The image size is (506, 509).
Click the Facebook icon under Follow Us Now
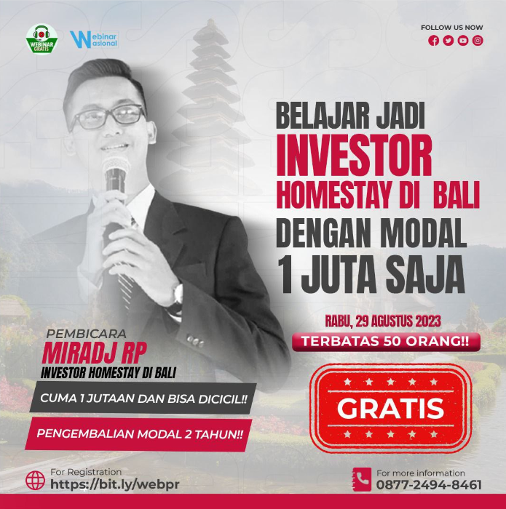[433, 41]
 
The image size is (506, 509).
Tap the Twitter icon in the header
[448, 41]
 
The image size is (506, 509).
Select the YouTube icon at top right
[463, 41]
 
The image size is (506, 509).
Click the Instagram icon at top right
[478, 41]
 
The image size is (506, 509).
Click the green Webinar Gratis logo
[41, 39]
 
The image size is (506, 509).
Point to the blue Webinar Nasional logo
[94, 39]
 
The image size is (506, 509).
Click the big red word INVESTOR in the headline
[355, 155]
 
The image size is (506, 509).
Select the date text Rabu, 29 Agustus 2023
[383, 321]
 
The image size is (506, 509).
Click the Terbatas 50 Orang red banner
[386, 342]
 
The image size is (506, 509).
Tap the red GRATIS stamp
[390, 408]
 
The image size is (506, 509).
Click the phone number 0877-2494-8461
[429, 485]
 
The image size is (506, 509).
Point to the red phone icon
[361, 479]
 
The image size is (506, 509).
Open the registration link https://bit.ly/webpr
[115, 484]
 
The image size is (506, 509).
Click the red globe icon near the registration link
[35, 481]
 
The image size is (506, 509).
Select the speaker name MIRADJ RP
[94, 353]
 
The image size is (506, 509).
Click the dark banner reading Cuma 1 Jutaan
[143, 398]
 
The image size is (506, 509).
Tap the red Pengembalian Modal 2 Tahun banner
[139, 434]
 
